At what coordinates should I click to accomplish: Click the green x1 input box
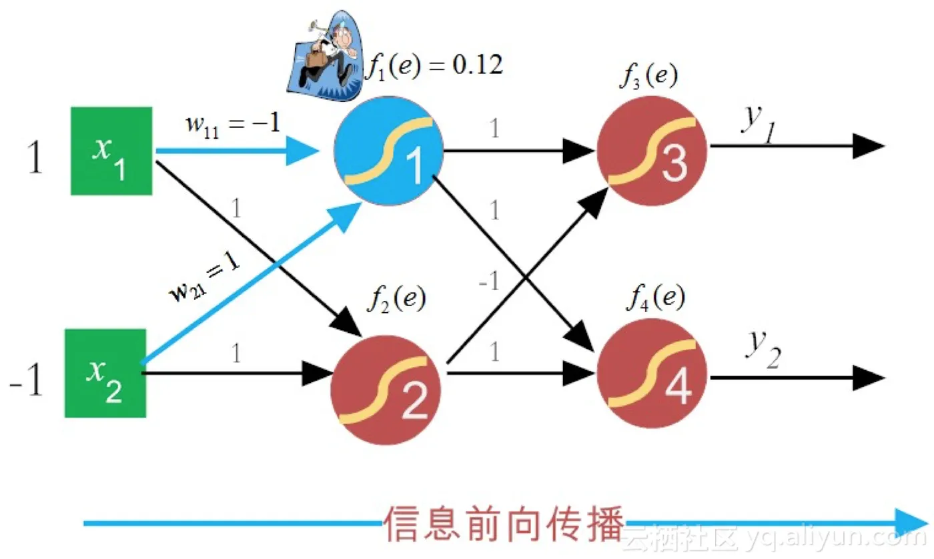pyautogui.click(x=112, y=151)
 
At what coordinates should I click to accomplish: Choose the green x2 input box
pyautogui.click(x=105, y=373)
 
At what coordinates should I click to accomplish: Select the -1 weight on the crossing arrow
pyautogui.click(x=488, y=282)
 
